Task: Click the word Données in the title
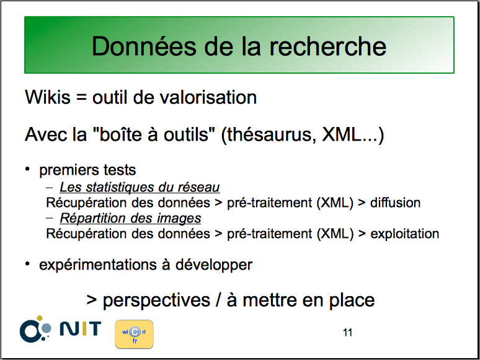144,46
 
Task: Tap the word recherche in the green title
328,46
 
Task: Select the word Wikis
48,97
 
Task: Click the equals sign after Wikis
81,98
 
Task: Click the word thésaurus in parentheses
269,134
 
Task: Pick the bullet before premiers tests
27,169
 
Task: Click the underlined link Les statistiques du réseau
140,187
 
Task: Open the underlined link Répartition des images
130,218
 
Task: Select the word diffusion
395,203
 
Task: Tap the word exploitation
405,234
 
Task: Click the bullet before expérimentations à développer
27,264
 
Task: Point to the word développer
214,265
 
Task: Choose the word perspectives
156,301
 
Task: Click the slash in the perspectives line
218,300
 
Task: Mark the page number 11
347,333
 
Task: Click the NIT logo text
81,329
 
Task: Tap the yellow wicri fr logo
134,335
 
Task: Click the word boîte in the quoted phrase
121,134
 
